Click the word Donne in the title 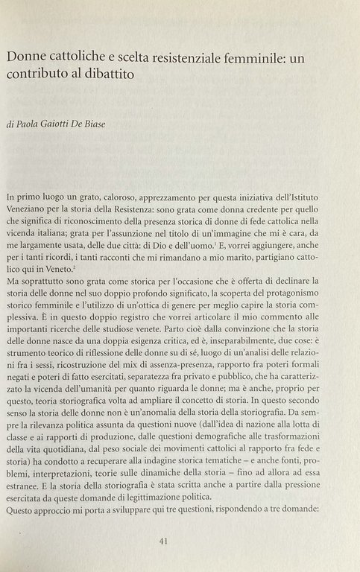28,57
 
